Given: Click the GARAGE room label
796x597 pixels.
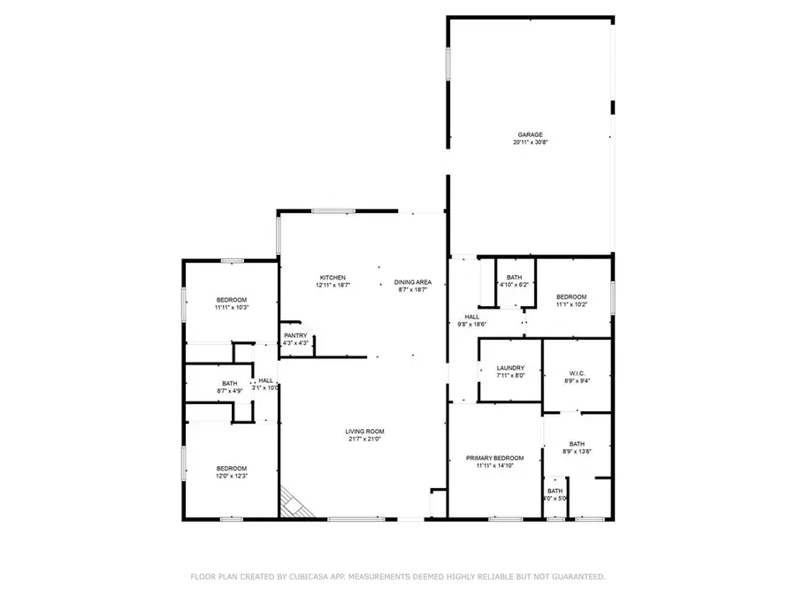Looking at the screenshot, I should coord(530,134).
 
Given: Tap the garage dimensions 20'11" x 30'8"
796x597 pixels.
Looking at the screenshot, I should coord(530,142).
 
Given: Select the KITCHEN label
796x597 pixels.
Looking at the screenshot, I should coord(333,278).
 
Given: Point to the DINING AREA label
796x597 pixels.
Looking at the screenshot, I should coord(412,282).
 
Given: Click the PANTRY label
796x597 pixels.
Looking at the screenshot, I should coord(295,335).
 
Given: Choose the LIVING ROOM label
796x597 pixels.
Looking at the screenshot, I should coord(364,432).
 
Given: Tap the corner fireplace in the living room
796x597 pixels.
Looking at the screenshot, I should coord(294,503).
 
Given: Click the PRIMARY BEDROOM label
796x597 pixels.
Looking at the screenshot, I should coord(494,458).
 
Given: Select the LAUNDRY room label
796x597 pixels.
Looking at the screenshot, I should coord(510,368).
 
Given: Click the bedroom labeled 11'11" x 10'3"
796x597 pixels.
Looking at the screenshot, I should coord(231,299).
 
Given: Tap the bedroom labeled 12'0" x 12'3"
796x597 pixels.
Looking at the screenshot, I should coord(231,468).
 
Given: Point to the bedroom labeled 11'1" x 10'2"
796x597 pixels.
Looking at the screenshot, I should coord(571,296).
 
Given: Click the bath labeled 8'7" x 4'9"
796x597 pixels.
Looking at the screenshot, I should coord(230,383).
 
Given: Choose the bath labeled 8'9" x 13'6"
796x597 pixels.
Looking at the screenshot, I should coord(577,444).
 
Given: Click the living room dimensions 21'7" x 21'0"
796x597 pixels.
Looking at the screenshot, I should coord(364,440).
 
